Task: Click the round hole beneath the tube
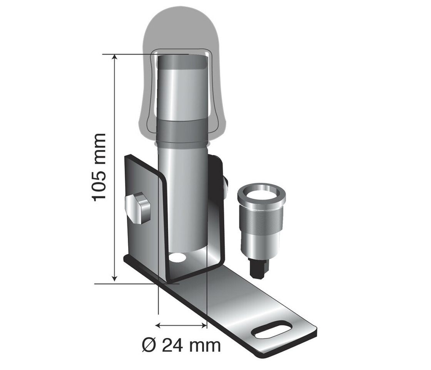tap(177, 257)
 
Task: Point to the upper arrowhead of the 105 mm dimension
tap(114, 58)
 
